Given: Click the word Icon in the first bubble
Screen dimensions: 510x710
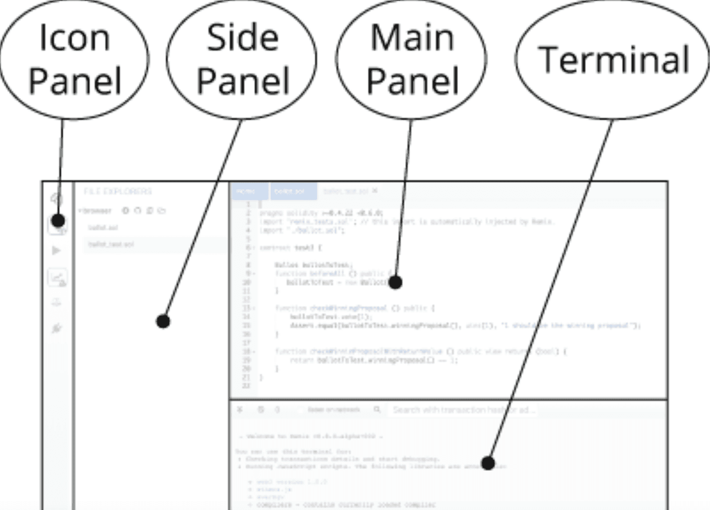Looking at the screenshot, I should click(75, 38).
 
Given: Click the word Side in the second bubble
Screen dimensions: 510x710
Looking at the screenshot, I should click(243, 38).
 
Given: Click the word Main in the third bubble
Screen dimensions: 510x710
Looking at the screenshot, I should click(412, 38).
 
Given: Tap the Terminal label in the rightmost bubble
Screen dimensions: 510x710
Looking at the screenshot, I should click(613, 60).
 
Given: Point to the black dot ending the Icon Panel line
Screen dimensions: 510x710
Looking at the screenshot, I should click(58, 220).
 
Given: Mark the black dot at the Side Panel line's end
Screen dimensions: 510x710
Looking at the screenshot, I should click(163, 321).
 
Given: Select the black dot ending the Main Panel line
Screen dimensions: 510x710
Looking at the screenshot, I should click(395, 282).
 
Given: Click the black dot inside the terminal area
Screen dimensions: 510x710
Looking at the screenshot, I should click(488, 463).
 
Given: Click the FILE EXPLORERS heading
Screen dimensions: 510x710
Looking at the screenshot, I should click(118, 191).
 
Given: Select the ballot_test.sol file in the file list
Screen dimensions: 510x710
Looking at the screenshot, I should click(111, 244).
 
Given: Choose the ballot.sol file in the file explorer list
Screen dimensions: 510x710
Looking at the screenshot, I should click(103, 227).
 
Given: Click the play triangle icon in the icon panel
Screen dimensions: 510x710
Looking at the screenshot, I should click(56, 251).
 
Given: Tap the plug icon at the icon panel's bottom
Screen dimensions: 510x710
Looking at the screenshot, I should click(56, 328).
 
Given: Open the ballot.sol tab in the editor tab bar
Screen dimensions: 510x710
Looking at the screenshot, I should click(289, 191).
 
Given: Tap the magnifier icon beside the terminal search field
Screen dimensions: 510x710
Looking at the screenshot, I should click(377, 410).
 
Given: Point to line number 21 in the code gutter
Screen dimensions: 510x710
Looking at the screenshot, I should click(246, 378).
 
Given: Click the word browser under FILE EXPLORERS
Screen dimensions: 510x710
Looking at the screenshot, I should click(97, 211).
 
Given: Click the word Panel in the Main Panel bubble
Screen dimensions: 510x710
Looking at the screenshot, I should click(412, 81).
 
